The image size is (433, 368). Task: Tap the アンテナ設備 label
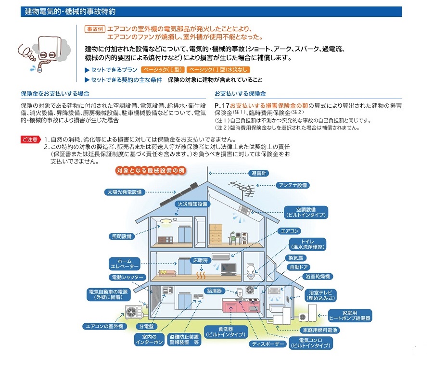[293, 185]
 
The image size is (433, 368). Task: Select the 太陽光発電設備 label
[124, 192]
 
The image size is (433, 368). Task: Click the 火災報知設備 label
[192, 204]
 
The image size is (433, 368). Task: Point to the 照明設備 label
[120, 237]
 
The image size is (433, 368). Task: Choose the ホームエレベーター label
[124, 263]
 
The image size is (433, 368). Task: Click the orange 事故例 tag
[94, 29]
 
